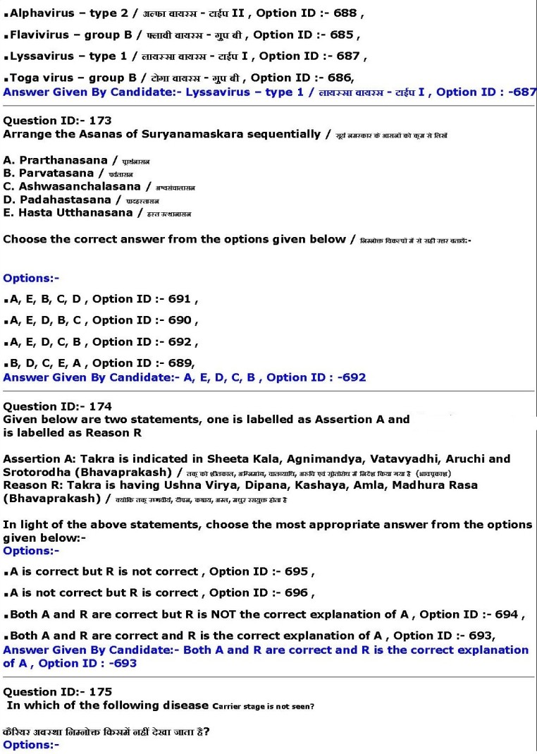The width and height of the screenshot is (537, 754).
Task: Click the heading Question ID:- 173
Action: click(x=57, y=121)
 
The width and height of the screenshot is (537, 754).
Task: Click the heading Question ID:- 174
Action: click(x=57, y=406)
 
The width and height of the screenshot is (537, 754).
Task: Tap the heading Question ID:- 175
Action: click(x=57, y=692)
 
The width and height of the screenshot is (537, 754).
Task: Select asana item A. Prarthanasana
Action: click(x=56, y=161)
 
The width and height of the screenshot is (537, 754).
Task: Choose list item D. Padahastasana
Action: click(x=57, y=200)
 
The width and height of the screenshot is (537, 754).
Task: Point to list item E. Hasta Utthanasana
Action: click(x=68, y=212)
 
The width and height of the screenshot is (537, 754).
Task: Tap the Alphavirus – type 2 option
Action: click(x=99, y=13)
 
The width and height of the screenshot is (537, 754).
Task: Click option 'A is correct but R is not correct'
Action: click(x=159, y=571)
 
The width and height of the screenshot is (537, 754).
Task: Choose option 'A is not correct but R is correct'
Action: click(x=159, y=592)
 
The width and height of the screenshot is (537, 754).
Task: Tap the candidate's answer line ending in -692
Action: click(x=185, y=377)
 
